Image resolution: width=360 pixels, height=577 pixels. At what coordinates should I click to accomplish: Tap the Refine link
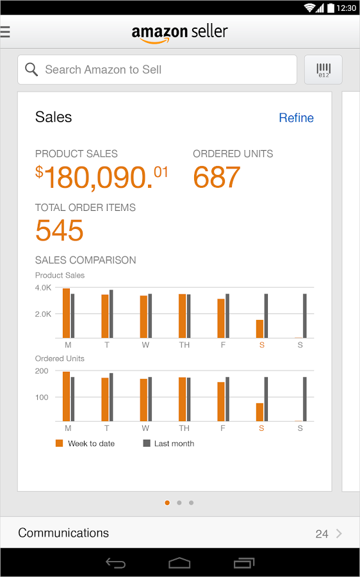pyautogui.click(x=296, y=118)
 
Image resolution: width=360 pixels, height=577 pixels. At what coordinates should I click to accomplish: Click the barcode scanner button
pyautogui.click(x=323, y=70)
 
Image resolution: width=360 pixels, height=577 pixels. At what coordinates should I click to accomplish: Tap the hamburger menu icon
pyautogui.click(x=5, y=31)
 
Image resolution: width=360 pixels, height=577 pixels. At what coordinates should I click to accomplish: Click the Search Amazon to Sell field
pyautogui.click(x=157, y=69)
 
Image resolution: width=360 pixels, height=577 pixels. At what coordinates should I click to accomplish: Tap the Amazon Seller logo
pyautogui.click(x=179, y=33)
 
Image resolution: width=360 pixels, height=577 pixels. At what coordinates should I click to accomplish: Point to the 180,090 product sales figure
pyautogui.click(x=102, y=178)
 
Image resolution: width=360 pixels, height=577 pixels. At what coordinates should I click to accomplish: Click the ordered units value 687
pyautogui.click(x=217, y=178)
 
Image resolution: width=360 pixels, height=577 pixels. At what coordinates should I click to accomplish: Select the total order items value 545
pyautogui.click(x=60, y=231)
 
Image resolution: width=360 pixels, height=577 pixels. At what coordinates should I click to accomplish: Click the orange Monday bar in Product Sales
pyautogui.click(x=66, y=314)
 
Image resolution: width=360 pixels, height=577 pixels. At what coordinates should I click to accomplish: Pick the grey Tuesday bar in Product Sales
pyautogui.click(x=111, y=314)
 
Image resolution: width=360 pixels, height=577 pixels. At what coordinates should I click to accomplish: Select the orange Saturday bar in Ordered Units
pyautogui.click(x=259, y=412)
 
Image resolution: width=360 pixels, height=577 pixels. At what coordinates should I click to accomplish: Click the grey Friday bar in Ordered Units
pyautogui.click(x=227, y=399)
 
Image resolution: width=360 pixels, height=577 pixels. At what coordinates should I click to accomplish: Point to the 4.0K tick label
pyautogui.click(x=44, y=288)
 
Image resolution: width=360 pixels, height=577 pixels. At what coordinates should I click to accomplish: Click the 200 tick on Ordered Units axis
pyautogui.click(x=42, y=371)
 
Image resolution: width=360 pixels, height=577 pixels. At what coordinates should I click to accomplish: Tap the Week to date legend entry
pyautogui.click(x=85, y=444)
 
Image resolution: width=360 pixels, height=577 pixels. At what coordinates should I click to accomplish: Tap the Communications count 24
pyautogui.click(x=322, y=533)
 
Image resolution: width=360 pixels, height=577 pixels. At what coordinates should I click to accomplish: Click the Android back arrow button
pyautogui.click(x=115, y=564)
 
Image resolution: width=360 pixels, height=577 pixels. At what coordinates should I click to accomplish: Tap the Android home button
pyautogui.click(x=179, y=564)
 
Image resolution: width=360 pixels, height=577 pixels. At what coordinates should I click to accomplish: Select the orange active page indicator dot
pyautogui.click(x=167, y=503)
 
